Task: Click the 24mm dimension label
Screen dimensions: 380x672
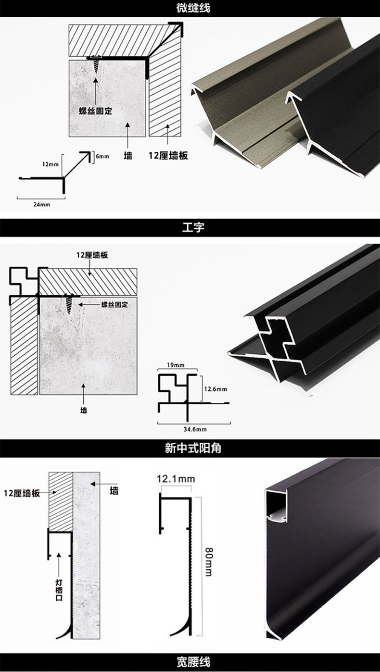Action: click(42, 204)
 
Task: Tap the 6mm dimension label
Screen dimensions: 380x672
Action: click(102, 157)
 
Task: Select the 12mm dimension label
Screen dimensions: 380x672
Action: click(50, 164)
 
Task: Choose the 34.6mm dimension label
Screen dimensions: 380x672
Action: click(194, 429)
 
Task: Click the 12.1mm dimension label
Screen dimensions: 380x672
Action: click(176, 479)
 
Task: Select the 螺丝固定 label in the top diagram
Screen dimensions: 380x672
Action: click(95, 111)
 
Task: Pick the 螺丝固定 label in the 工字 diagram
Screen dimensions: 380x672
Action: click(114, 304)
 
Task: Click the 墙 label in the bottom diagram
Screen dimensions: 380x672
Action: click(114, 491)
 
